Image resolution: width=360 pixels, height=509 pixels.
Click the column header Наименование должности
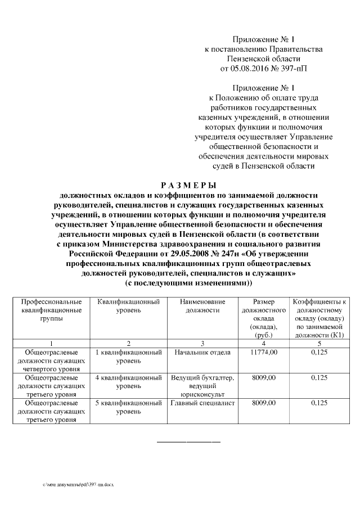[200, 306]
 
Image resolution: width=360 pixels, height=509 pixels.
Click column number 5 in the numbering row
[319, 343]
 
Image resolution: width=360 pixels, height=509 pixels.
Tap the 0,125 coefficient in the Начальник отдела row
[319, 353]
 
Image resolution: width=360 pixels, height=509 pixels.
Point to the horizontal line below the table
[188, 440]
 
